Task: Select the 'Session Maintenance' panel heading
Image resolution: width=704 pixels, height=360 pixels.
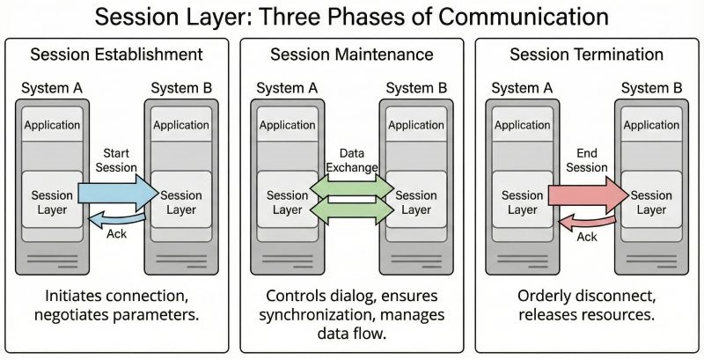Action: [x=352, y=55]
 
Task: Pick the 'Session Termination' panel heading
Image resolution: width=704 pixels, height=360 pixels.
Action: [x=587, y=55]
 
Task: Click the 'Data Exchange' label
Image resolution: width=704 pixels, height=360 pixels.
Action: [x=351, y=158]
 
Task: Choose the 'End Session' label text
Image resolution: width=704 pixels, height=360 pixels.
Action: [x=587, y=159]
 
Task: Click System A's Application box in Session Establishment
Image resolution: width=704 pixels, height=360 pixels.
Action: [x=52, y=125]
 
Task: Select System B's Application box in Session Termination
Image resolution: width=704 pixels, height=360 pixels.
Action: [x=651, y=125]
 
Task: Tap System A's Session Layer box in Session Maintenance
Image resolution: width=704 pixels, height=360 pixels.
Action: [x=287, y=202]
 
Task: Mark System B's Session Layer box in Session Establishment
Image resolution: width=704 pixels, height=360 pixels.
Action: [x=181, y=202]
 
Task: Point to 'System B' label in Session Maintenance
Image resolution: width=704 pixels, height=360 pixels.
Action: [x=416, y=87]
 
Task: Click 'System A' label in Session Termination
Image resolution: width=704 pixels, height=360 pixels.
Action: [x=522, y=87]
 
